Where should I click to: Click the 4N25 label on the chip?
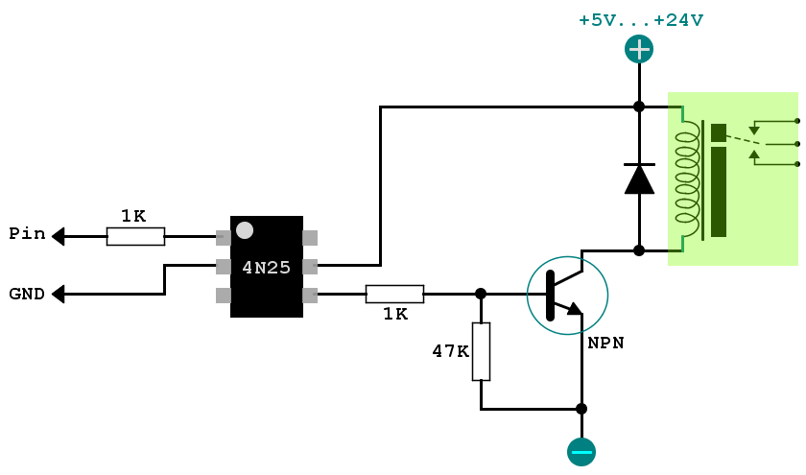[x=267, y=268]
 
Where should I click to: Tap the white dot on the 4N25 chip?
[x=245, y=230]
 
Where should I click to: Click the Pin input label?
[x=27, y=234]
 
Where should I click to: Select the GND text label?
[x=27, y=294]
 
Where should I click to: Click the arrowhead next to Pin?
[x=59, y=236]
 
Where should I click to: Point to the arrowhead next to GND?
[x=59, y=294]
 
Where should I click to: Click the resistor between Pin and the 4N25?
[x=135, y=236]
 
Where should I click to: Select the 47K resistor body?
[x=481, y=351]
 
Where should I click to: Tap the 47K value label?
[x=450, y=351]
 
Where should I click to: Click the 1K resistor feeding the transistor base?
[x=394, y=294]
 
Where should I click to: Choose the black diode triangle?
[x=639, y=179]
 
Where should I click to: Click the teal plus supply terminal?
[x=639, y=49]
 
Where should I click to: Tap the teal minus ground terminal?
[x=581, y=452]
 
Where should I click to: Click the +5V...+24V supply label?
[x=641, y=20]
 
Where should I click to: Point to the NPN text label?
[x=606, y=343]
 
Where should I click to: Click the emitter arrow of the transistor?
[x=575, y=308]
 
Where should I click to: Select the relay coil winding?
[x=688, y=178]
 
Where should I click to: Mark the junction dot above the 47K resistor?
[x=481, y=294]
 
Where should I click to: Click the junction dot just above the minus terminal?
[x=581, y=409]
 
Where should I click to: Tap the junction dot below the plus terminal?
[x=639, y=107]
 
